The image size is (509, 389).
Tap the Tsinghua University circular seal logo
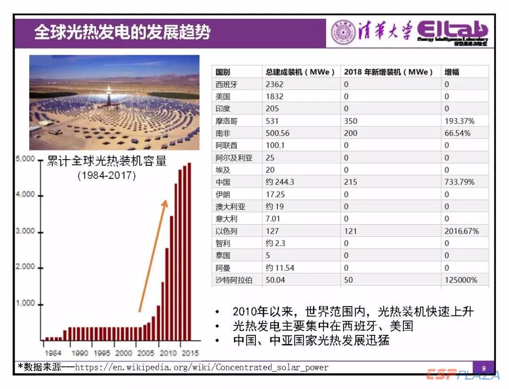(343, 33)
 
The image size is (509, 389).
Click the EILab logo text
(452, 32)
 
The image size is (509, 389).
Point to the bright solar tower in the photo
(109, 90)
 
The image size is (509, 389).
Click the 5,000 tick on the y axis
(25, 159)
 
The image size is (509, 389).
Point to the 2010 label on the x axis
(168, 353)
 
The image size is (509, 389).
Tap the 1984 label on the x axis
(52, 353)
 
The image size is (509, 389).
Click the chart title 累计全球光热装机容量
(107, 162)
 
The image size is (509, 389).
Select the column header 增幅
(452, 72)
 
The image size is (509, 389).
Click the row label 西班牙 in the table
(227, 84)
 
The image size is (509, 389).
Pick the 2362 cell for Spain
(274, 84)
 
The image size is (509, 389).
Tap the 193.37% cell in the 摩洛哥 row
(460, 121)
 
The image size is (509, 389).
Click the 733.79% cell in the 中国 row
(460, 182)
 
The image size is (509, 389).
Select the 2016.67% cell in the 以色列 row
(461, 231)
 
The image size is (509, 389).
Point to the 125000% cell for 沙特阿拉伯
(461, 280)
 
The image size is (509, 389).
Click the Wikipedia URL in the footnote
(202, 367)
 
